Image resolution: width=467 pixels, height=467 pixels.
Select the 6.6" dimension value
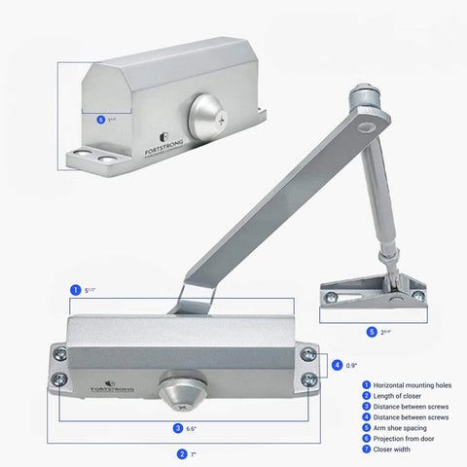pos(193,427)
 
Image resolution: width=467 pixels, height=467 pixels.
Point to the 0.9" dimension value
pos(351,366)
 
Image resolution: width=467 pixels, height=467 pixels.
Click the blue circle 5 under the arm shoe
pos(371,332)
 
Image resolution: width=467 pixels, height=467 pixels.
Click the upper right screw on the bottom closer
pos(308,355)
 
